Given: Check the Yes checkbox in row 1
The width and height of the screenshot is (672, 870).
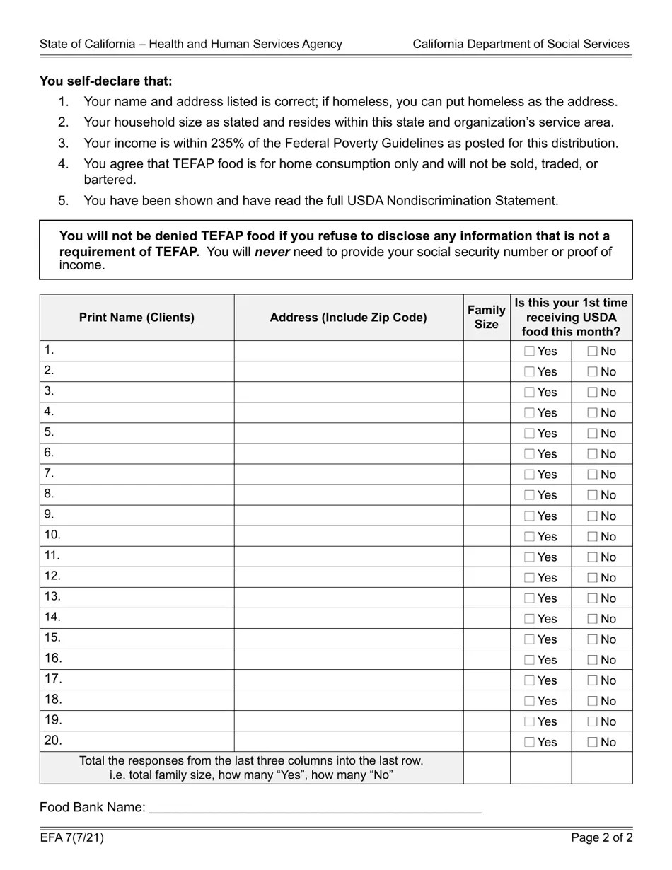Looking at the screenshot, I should pyautogui.click(x=530, y=351).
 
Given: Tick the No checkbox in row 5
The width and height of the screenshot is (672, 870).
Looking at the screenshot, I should pyautogui.click(x=592, y=434).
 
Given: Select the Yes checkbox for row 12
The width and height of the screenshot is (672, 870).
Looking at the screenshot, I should pyautogui.click(x=530, y=578).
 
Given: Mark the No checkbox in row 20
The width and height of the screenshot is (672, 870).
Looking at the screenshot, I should pyautogui.click(x=592, y=742).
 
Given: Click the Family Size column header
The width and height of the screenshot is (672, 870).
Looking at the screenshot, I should pyautogui.click(x=486, y=317).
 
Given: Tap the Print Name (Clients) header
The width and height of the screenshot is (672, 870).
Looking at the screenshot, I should pyautogui.click(x=137, y=318).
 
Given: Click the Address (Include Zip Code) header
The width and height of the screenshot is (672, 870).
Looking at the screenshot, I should pyautogui.click(x=348, y=318).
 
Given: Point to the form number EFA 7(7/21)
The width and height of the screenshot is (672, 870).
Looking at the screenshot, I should pyautogui.click(x=72, y=838).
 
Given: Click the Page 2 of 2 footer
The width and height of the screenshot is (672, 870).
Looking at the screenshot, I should pyautogui.click(x=602, y=838).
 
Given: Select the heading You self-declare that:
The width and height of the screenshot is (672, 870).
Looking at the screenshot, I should pyautogui.click(x=106, y=81).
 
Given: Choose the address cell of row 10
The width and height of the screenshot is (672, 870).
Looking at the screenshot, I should pyautogui.click(x=348, y=536).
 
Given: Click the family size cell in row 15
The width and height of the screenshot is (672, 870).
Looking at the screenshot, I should pyautogui.click(x=486, y=639).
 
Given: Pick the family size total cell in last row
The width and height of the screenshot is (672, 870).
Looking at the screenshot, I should pyautogui.click(x=486, y=767).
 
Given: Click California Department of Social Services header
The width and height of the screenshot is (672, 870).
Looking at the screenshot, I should pyautogui.click(x=521, y=44).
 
